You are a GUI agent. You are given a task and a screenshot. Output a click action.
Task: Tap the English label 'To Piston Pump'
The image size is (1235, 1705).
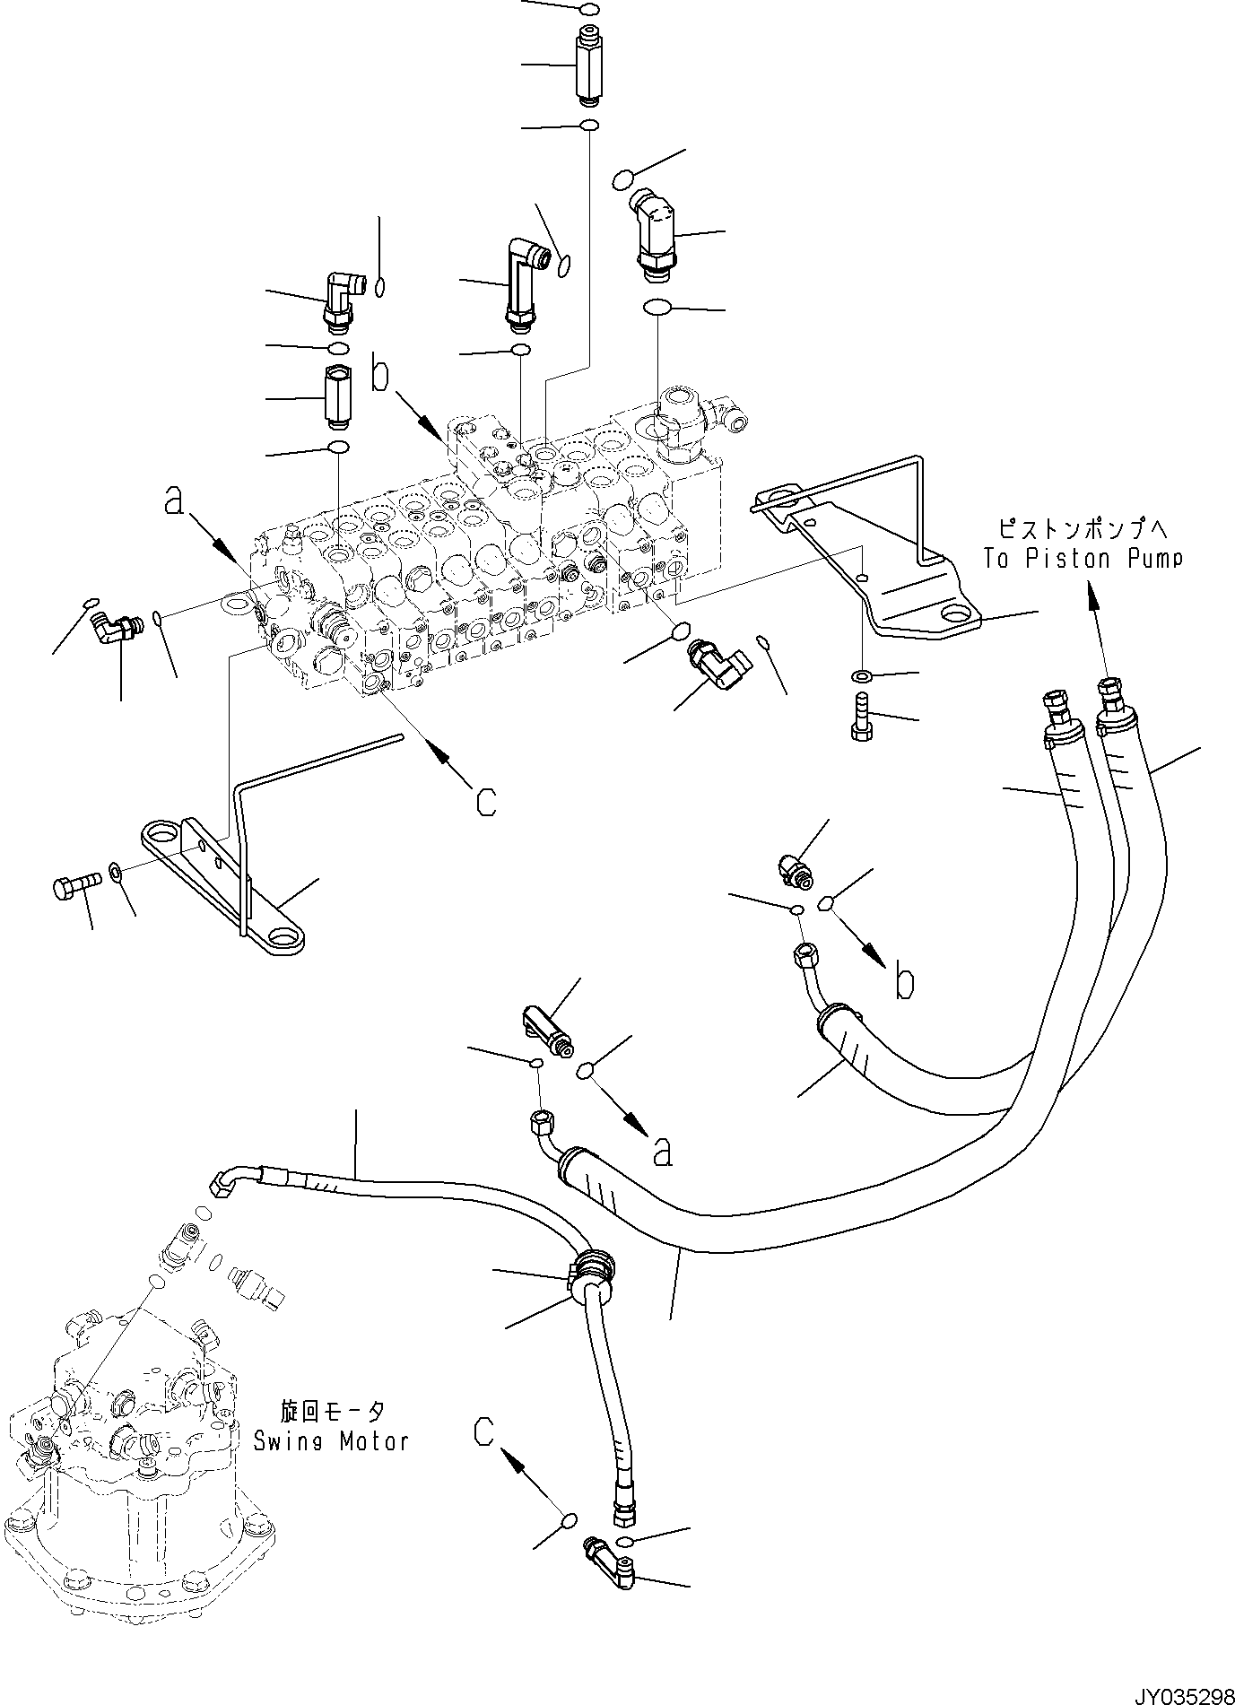tap(1083, 559)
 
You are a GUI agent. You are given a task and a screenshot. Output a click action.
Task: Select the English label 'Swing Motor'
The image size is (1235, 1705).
tap(331, 1442)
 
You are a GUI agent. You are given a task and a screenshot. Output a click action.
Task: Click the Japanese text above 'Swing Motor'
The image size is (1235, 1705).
tap(333, 1413)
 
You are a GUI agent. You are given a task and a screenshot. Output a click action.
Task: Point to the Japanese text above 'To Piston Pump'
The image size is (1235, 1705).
tap(1083, 527)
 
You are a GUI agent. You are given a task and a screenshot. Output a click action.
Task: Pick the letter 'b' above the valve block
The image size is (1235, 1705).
tap(381, 374)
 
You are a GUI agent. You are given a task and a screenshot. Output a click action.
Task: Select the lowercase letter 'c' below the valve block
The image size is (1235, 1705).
tap(485, 801)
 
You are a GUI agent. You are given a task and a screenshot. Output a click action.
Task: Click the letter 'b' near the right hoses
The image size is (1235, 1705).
tap(905, 983)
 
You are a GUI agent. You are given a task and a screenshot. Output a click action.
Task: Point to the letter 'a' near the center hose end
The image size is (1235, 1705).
tap(662, 1153)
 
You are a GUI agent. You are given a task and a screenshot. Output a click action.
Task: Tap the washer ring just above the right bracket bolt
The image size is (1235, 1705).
tap(860, 674)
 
